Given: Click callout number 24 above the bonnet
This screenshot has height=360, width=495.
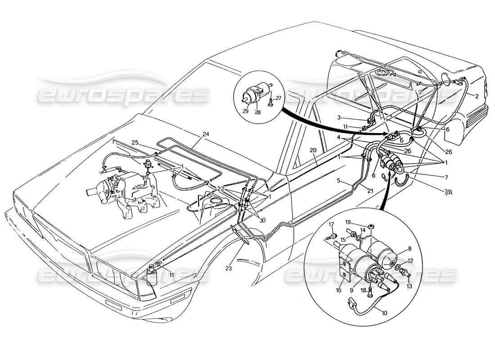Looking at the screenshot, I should click(x=206, y=134).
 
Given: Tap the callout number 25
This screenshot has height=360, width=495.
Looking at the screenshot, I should click(x=135, y=143).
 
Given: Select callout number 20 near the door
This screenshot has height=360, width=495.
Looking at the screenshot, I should click(x=313, y=150).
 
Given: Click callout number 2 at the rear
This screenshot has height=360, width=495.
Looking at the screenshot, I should click(x=476, y=96).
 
